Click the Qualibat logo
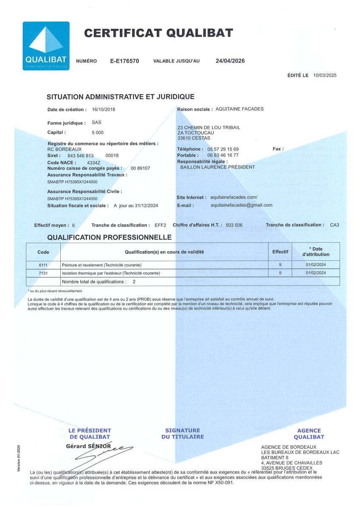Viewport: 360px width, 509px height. pos(46,46)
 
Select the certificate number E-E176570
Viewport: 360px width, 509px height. pos(124,61)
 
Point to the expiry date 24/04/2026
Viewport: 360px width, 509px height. pos(230,61)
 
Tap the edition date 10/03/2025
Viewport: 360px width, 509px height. pos(325,76)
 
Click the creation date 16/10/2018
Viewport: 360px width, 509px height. pos(104,109)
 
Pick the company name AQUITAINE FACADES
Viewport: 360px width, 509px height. pos(239,109)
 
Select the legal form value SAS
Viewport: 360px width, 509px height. pos(96,123)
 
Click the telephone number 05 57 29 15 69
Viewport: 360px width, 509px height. pos(223,149)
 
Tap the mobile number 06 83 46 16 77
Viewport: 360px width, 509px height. pos(223,155)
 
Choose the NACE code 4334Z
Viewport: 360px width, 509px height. pos(93,163)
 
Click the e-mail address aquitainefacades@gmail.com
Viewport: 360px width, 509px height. pos(242,205)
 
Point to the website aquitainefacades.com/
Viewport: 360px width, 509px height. pos(234,197)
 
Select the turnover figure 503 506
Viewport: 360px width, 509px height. pos(234,225)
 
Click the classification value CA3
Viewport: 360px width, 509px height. pos(335,225)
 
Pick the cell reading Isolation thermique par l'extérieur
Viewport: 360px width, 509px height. pos(111,274)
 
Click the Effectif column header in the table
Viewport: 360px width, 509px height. pos(280,252)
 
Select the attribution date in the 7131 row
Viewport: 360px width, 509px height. pos(316,274)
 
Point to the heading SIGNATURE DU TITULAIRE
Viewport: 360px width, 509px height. pos(183,433)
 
